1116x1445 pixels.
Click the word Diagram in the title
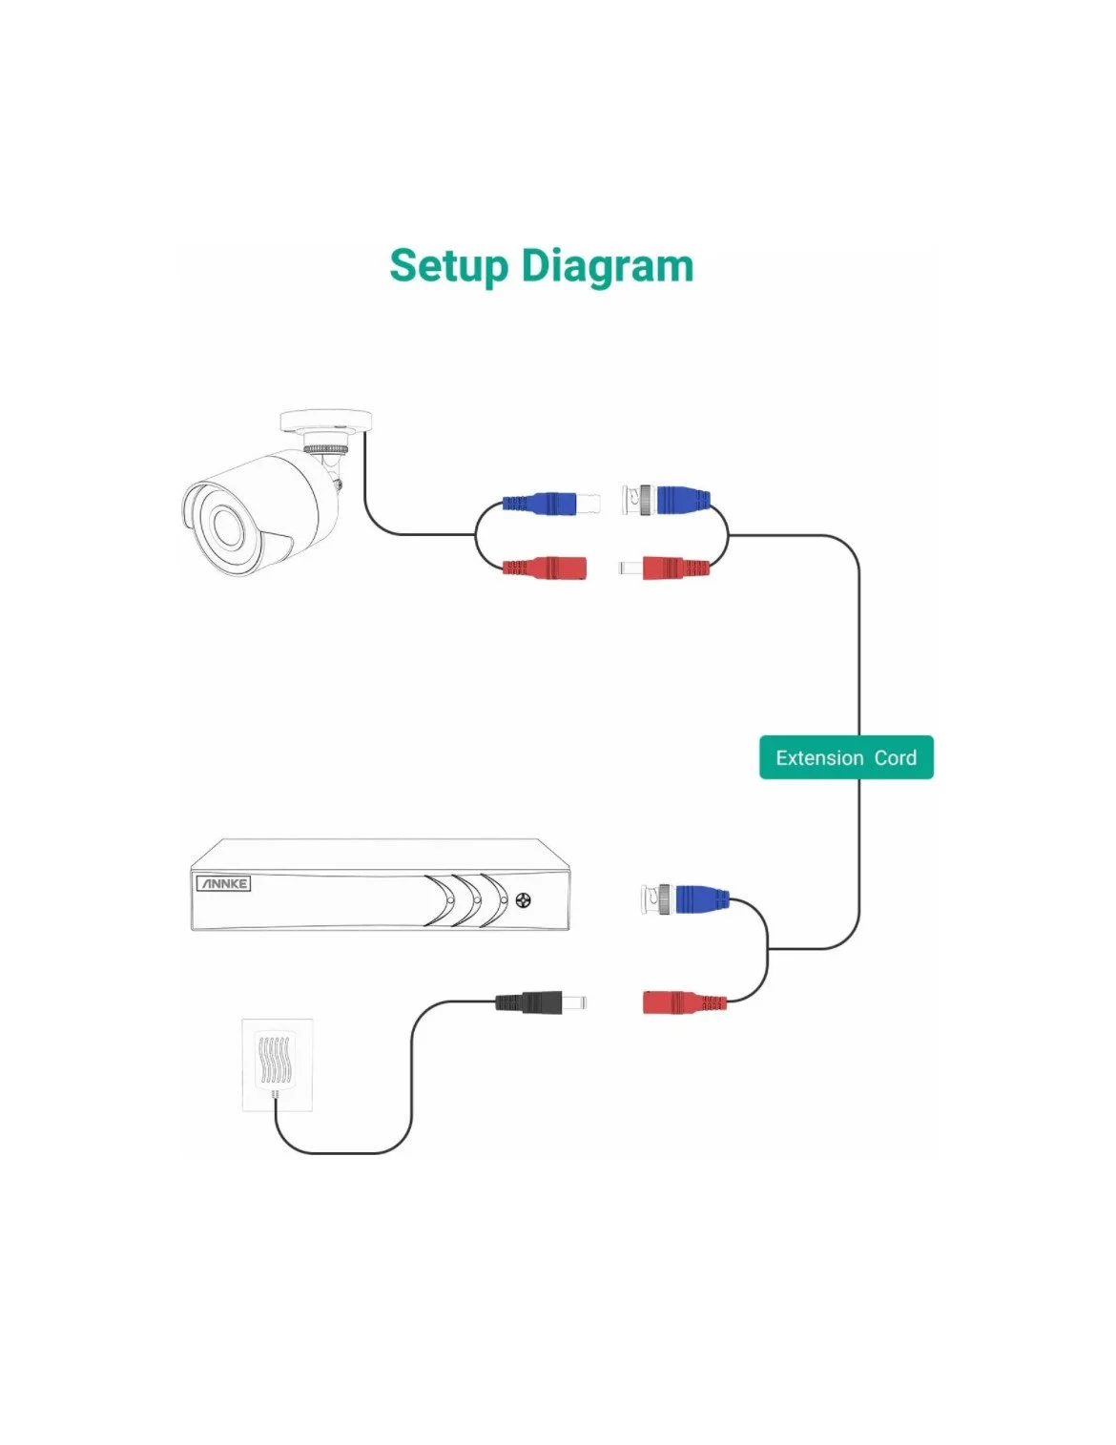coord(608,266)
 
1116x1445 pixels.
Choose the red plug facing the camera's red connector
coord(672,568)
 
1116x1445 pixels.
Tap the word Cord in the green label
coord(895,758)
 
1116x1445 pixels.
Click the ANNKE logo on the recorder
coord(223,883)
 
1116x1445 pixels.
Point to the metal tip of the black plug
coord(574,1002)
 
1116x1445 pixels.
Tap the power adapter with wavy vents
coord(277,1063)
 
